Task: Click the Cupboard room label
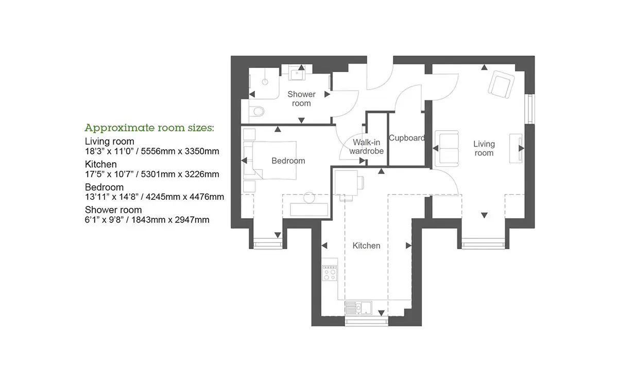[x=407, y=138]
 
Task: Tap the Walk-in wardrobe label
[x=366, y=147]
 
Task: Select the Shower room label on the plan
[x=301, y=99]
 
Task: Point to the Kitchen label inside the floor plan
[x=366, y=246]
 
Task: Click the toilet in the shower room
[x=257, y=111]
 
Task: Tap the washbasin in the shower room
[x=297, y=74]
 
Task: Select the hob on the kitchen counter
[x=330, y=273]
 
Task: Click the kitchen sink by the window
[x=358, y=308]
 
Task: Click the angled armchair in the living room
[x=501, y=84]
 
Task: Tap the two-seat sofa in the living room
[x=447, y=149]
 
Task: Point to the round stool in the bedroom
[x=310, y=198]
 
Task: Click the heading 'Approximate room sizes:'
[x=149, y=128]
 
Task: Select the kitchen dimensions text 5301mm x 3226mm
[x=180, y=175]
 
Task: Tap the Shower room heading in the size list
[x=113, y=210]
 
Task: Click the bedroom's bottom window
[x=268, y=245]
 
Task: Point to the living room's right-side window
[x=531, y=109]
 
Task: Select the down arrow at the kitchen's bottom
[x=381, y=313]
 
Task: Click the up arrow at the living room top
[x=484, y=67]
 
